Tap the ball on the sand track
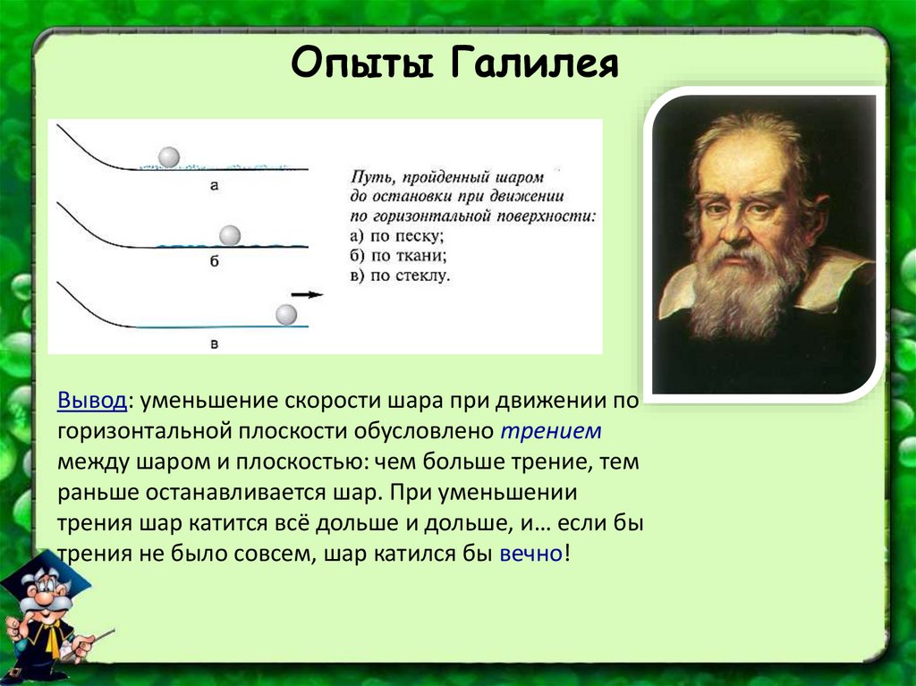[x=169, y=157]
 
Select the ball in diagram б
[x=230, y=235]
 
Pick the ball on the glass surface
[x=286, y=315]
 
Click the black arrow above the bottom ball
[x=308, y=295]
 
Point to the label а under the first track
[x=214, y=186]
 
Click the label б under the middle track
[x=214, y=261]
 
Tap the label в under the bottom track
[x=214, y=344]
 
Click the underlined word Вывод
[x=92, y=401]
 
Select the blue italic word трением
[x=551, y=430]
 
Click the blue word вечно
[x=531, y=553]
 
